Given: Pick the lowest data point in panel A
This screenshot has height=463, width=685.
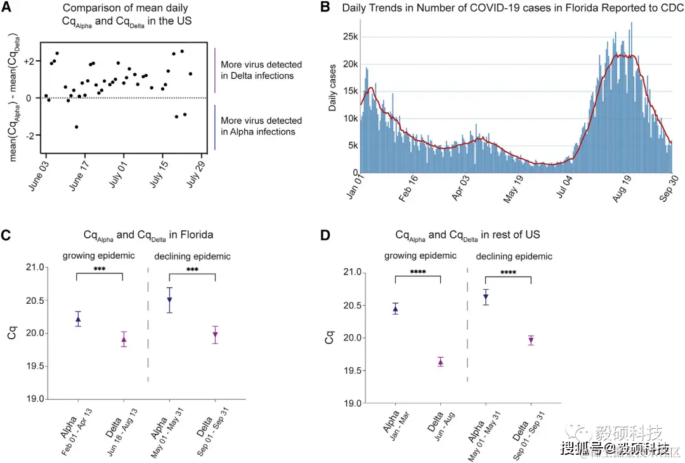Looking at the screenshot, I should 77,127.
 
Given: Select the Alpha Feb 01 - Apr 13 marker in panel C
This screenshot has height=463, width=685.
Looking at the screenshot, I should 78,319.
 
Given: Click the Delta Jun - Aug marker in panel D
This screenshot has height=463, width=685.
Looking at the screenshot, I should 440,362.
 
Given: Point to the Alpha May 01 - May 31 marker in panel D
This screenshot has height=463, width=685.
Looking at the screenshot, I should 486,297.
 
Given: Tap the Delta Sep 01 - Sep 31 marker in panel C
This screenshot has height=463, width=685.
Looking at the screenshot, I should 216,334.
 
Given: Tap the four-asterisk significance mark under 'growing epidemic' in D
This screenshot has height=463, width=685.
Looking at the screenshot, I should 417,273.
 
